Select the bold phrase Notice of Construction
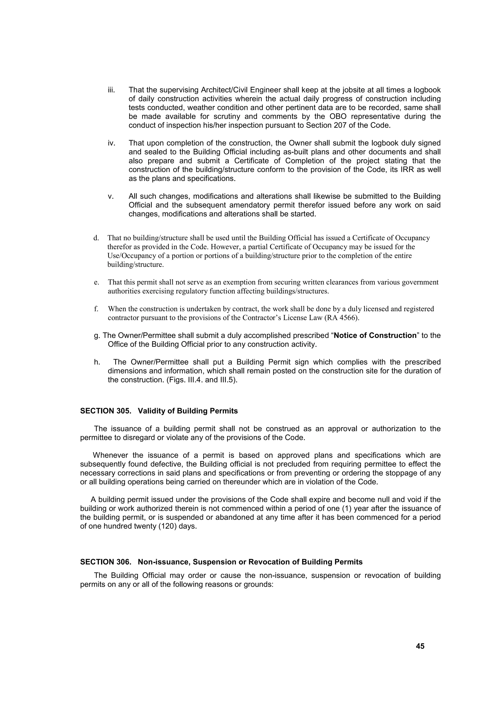(x=375, y=335)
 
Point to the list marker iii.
(x=111, y=90)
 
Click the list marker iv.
(x=111, y=143)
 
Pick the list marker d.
(x=96, y=238)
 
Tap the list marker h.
(x=97, y=362)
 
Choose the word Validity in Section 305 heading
(x=151, y=411)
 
